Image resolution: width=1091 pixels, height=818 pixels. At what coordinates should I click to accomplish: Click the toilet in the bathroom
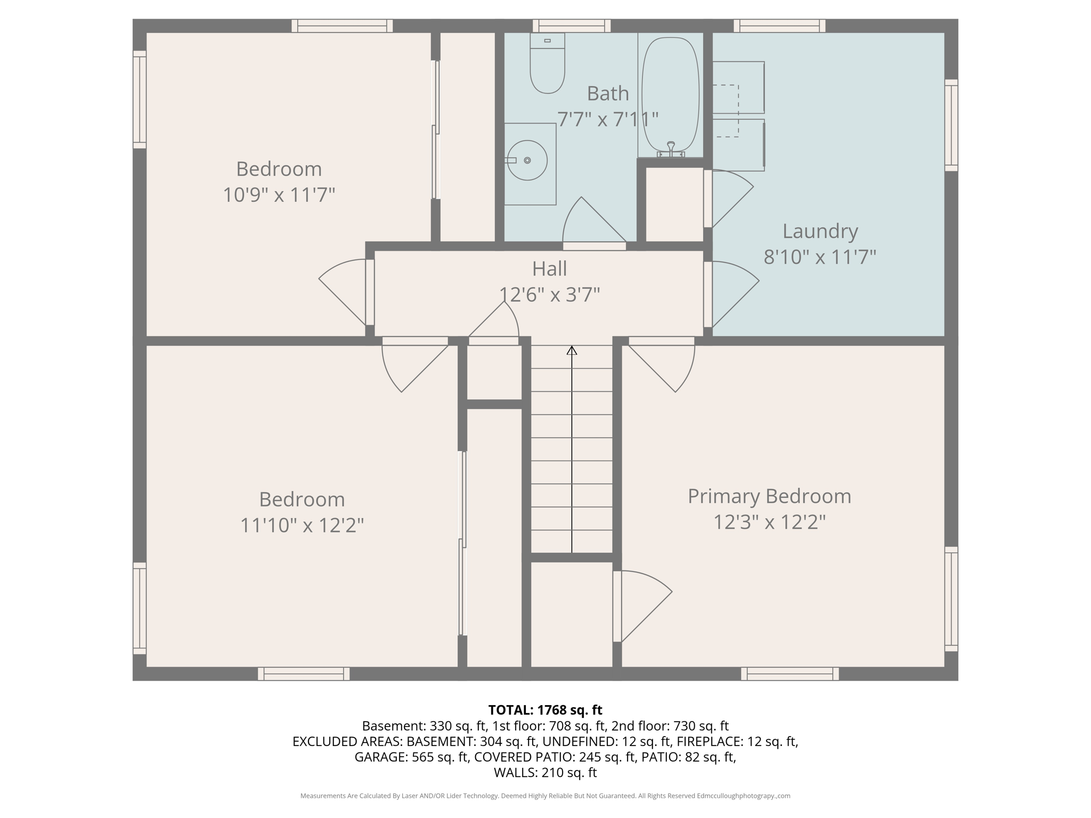(x=547, y=67)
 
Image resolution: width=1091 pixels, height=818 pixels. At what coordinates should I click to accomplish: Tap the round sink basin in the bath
(x=527, y=160)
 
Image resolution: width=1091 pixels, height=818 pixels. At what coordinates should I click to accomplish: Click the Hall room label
(x=549, y=269)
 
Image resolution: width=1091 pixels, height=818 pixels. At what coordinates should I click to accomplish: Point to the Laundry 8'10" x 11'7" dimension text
(x=819, y=257)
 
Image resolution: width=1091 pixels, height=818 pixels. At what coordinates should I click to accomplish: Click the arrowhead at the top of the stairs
(x=572, y=350)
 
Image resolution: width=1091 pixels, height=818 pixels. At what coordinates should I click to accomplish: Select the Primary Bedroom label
(x=769, y=496)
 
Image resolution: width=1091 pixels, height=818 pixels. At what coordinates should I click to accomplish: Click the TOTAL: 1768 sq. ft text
(x=545, y=710)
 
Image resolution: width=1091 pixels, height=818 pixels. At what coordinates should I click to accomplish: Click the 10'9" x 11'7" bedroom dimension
(x=279, y=195)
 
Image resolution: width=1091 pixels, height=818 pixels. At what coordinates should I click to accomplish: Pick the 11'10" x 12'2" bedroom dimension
(x=302, y=526)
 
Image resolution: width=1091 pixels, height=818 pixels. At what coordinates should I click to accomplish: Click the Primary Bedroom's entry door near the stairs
(x=666, y=365)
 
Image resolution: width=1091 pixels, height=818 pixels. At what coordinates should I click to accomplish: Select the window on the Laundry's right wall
(x=951, y=125)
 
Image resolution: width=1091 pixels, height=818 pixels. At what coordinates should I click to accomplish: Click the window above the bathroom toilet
(x=572, y=26)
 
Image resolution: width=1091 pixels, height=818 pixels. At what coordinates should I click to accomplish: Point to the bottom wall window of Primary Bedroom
(x=789, y=674)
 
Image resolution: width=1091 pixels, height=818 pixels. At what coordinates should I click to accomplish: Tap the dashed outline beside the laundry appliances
(x=727, y=111)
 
